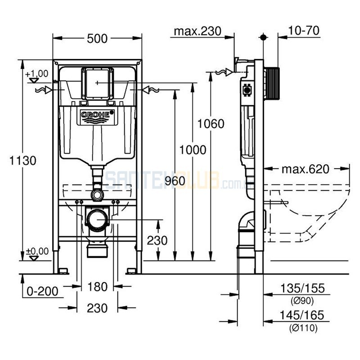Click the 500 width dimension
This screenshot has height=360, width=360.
98,39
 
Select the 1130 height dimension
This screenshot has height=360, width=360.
21,160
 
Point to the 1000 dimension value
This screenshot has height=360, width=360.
193,150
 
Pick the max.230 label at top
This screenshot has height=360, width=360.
198,31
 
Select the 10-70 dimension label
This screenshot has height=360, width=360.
305,31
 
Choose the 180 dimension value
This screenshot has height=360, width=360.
98,286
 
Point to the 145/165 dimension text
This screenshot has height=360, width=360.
301,315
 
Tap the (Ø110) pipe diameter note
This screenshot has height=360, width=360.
303,328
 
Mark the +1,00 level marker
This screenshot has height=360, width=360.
36,74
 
